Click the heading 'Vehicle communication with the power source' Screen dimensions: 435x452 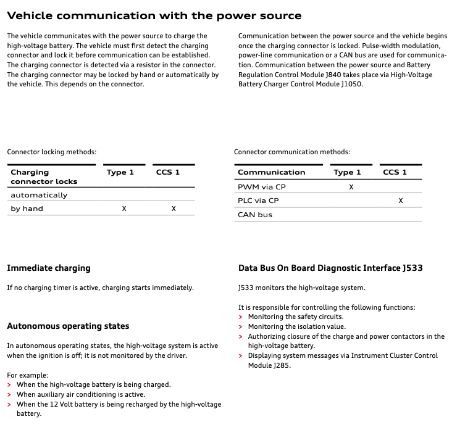(154, 15)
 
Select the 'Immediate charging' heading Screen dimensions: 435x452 (48, 268)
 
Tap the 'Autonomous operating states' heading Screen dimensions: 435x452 (68, 326)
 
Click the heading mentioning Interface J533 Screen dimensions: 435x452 (330, 268)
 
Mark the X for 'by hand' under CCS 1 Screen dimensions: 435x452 (174, 209)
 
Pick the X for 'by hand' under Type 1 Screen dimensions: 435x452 (124, 209)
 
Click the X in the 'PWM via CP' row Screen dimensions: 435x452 (351, 186)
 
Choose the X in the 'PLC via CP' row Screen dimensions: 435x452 (401, 201)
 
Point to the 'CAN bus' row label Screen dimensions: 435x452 (255, 215)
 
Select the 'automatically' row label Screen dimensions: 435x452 (39, 195)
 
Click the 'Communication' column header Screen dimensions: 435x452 (271, 172)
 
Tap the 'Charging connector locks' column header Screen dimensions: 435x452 (44, 176)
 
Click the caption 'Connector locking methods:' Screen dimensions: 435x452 (51, 152)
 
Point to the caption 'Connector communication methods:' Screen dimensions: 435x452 (292, 152)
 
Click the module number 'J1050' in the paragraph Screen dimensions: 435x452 (351, 84)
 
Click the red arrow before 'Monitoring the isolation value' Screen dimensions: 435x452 (240, 326)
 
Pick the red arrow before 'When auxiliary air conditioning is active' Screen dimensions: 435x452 (9, 394)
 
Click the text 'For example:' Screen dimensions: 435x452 (27, 375)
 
